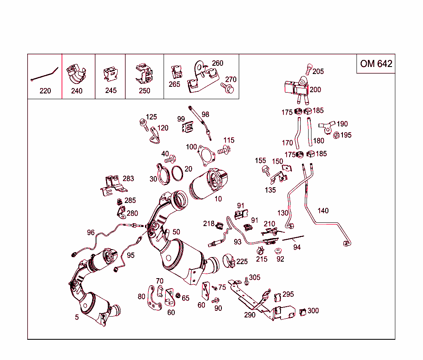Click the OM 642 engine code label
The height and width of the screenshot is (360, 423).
pos(375,64)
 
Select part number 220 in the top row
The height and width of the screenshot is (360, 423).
pos(45,91)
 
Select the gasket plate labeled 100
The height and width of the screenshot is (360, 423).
pos(206,155)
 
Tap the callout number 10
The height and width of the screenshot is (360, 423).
pos(218,199)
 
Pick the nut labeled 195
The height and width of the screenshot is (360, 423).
pos(336,135)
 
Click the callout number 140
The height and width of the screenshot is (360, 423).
pos(323,211)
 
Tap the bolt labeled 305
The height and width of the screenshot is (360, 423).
pos(246,281)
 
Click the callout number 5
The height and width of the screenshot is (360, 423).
pos(76,318)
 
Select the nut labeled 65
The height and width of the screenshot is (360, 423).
pos(178,296)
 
